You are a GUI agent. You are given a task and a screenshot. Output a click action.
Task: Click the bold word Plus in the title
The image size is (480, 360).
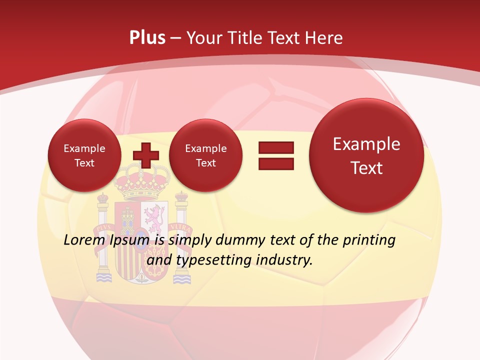pos(147,38)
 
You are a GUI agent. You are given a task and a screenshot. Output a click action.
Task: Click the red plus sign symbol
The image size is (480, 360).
pos(145,155)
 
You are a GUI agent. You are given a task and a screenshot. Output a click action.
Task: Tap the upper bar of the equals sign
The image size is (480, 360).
pos(275,147)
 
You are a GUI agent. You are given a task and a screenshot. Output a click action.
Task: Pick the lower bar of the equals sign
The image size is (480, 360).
pos(275,164)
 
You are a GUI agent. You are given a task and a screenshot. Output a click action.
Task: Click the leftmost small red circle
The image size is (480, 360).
pos(84,155)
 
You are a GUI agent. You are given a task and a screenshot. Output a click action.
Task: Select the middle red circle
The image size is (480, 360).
pos(205,155)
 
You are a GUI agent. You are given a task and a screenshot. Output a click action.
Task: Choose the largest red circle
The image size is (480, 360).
pos(366,155)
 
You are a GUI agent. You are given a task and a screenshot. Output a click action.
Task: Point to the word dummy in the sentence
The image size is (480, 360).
pos(242,240)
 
